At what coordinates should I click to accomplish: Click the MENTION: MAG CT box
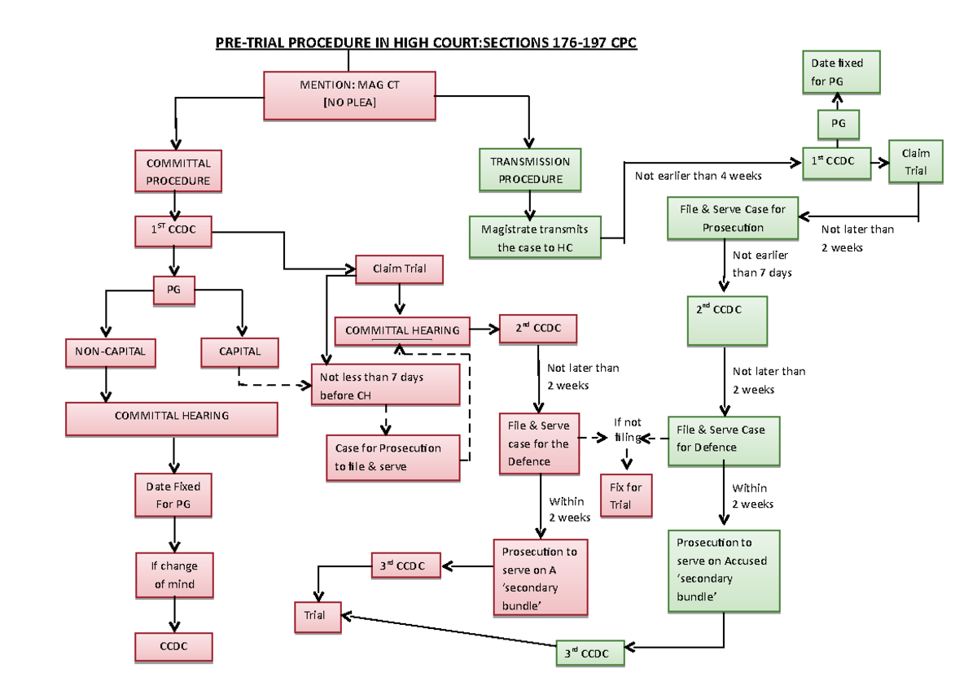[x=349, y=94]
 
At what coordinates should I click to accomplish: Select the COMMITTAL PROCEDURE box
[x=177, y=172]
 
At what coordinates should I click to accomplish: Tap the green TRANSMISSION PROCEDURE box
[x=530, y=170]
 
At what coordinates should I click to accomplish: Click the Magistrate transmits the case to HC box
[x=535, y=238]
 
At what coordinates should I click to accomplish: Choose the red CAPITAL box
[x=240, y=352]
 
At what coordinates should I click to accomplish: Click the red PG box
[x=173, y=289]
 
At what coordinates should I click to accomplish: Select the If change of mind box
[x=173, y=574]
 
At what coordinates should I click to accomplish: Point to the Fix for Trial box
[x=626, y=496]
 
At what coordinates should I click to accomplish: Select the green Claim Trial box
[x=915, y=162]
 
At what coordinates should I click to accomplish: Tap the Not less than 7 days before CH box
[x=386, y=386]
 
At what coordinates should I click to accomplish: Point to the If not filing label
[x=628, y=430]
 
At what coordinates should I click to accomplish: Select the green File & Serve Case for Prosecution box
[x=733, y=218]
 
